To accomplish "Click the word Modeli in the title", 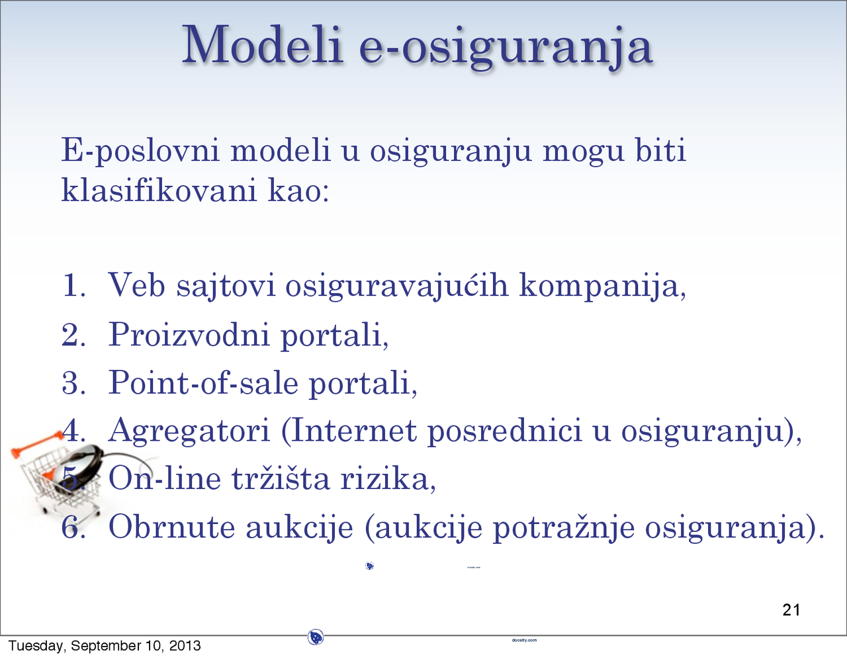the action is click(x=263, y=45).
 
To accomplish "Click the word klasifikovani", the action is click(x=159, y=191).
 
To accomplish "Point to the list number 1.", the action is click(x=73, y=286).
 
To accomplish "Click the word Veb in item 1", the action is click(x=136, y=286).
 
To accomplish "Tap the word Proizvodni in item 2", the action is click(x=189, y=335).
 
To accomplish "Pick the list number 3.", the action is click(x=73, y=383).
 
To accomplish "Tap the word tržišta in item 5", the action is click(x=281, y=479).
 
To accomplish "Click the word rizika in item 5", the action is click(x=386, y=479).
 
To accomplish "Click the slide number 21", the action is click(x=791, y=610).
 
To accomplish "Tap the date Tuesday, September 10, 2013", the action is click(x=104, y=646).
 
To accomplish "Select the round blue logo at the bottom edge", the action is click(x=316, y=638).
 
